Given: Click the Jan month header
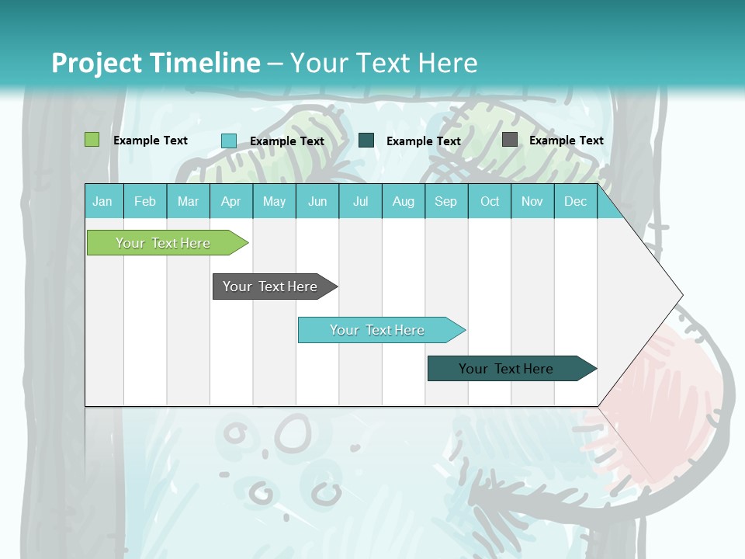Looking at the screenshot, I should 103,201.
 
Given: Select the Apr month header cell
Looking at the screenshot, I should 231,201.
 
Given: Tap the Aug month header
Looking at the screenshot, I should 404,201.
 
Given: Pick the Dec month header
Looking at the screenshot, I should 576,201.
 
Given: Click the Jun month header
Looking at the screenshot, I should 317,201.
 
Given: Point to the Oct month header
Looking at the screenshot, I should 490,201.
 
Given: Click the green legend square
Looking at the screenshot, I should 92,140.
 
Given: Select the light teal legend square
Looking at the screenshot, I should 229,141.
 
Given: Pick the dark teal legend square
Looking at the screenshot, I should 366,140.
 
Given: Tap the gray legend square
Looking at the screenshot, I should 510,140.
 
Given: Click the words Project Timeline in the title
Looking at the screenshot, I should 156,63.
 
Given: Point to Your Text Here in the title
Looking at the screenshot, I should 383,63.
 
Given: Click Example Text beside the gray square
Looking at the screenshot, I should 566,141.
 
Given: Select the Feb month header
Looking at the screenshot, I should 145,201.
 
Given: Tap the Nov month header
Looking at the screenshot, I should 532,201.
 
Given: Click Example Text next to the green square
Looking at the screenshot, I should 151,141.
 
